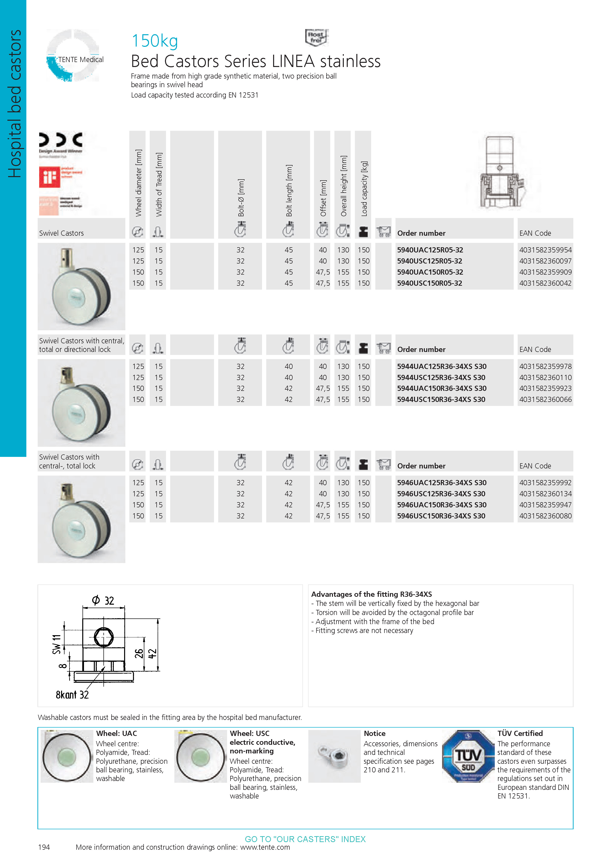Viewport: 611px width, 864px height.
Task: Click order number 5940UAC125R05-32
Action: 430,250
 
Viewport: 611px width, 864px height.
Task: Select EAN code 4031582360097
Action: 545,261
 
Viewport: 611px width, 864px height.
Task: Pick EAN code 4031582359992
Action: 545,483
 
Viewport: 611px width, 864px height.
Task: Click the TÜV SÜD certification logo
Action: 468,756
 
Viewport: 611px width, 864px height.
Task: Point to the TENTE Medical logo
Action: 73,56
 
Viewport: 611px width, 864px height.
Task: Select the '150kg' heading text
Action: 155,41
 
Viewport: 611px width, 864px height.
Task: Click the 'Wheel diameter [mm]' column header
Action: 138,183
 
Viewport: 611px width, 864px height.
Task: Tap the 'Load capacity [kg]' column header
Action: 364,188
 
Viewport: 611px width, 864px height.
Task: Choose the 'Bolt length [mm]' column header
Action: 289,190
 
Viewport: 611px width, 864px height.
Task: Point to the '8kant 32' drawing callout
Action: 72,695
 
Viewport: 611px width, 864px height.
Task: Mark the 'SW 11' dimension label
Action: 56,644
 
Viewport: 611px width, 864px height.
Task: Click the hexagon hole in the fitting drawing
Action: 103,637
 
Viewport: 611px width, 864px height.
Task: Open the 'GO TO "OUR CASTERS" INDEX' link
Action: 305,839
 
